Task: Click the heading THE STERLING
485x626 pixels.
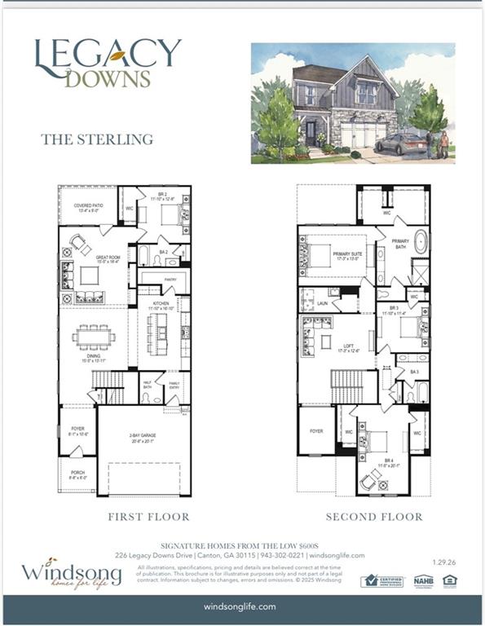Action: (x=97, y=139)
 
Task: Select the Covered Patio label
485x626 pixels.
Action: (x=87, y=207)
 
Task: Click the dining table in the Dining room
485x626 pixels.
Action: (x=94, y=336)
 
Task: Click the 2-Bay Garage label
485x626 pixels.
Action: (x=143, y=439)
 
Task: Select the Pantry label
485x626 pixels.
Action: (x=170, y=280)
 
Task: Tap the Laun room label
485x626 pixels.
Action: (x=322, y=302)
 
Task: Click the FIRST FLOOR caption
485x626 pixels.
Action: (x=148, y=517)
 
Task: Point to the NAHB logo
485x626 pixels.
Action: (x=422, y=580)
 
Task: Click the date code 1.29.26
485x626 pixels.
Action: (x=445, y=559)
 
